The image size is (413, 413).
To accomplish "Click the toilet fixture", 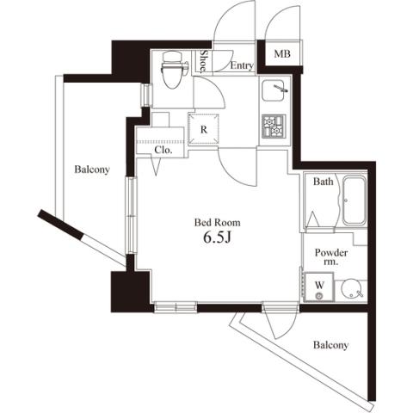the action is (173, 70).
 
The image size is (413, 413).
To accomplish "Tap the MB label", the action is (282, 53).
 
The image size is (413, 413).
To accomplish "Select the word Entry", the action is (242, 65).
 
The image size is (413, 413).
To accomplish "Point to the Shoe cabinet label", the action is (203, 60).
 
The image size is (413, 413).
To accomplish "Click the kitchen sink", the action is (274, 90).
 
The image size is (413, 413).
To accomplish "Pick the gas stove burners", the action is (274, 126).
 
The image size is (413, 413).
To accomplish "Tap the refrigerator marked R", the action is (203, 129).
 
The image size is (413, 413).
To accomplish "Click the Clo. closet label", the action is (163, 150).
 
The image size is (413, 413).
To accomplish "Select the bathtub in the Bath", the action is (354, 200).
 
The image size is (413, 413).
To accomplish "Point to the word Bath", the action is (324, 182).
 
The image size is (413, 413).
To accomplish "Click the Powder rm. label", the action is (331, 256).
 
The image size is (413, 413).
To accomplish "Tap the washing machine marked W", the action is (319, 287).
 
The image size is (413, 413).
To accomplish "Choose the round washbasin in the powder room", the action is (351, 290).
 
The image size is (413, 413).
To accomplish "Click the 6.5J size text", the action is (217, 237).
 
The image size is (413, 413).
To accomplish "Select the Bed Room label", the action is (218, 222).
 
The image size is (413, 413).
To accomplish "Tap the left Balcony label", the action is (92, 170).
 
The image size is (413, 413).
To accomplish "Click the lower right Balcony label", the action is (330, 345).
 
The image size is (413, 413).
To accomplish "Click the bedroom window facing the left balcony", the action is (132, 215).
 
